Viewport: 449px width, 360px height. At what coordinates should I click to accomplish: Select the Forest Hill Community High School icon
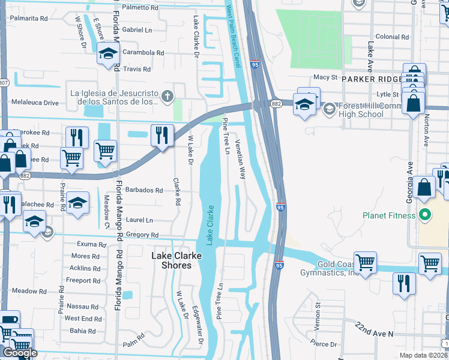click(x=330, y=109)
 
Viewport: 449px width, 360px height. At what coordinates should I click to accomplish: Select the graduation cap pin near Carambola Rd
click(x=108, y=55)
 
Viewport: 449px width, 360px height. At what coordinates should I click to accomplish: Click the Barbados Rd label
click(x=144, y=190)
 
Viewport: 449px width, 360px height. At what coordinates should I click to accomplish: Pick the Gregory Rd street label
click(x=143, y=235)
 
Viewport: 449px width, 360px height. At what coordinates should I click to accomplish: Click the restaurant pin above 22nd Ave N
click(x=403, y=283)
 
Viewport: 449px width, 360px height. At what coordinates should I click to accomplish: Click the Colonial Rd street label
click(x=392, y=37)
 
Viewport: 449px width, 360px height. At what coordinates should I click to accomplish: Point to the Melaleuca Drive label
click(x=35, y=103)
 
